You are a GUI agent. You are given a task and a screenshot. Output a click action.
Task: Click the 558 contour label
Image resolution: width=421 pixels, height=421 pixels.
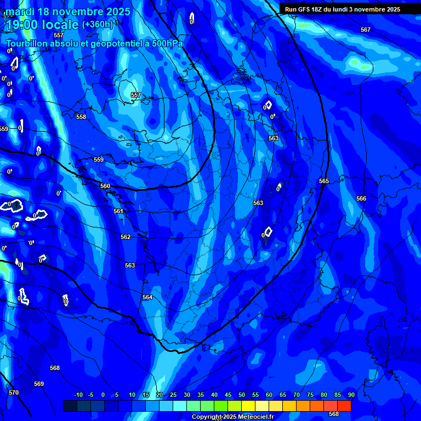81,117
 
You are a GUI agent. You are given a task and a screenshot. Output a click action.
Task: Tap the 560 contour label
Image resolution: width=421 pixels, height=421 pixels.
105,186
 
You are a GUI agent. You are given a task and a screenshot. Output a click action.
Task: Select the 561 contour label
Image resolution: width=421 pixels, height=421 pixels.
118,211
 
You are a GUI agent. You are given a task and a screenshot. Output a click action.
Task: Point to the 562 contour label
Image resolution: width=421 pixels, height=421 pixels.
126,237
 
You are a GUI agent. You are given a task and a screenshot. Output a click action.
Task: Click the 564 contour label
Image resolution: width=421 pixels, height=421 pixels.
147,297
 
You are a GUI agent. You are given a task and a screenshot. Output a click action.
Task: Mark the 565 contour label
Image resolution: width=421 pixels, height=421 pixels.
324,181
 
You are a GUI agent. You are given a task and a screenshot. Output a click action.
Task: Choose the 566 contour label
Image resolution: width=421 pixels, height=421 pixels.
361,198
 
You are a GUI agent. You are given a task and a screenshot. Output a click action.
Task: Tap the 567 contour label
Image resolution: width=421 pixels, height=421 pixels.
366,30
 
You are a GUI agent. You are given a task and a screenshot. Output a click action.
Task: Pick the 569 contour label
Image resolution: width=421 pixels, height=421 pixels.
39,384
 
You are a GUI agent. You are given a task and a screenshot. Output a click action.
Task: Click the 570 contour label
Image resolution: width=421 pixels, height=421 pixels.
14,392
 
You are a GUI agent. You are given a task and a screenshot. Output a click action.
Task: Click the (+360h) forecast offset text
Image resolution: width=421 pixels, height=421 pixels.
97,25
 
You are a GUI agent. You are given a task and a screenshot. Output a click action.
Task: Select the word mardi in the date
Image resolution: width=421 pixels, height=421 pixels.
20,12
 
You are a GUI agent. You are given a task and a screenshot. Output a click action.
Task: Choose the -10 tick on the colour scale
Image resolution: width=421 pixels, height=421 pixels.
78,395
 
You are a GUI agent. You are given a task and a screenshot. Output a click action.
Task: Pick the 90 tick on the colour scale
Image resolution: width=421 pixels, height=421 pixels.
351,395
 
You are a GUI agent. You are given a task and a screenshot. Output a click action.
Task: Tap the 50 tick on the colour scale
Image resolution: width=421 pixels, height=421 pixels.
242,395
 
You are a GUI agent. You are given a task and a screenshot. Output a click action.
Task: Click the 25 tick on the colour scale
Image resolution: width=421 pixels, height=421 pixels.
173,395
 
